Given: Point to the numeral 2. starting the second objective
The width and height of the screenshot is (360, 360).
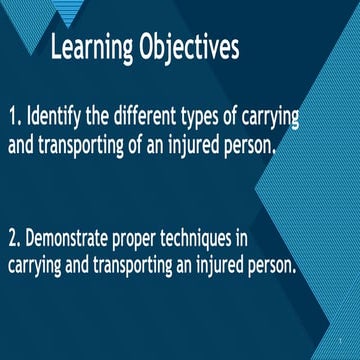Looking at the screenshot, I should tap(16, 239).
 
